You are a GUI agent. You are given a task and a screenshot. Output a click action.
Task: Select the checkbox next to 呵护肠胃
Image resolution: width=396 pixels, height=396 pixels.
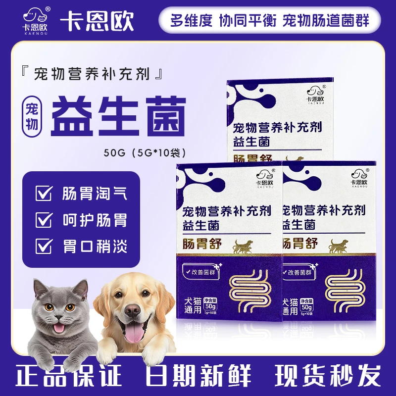coord(44,219)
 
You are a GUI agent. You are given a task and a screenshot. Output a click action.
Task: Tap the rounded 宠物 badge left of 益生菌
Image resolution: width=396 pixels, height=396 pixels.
coord(33,113)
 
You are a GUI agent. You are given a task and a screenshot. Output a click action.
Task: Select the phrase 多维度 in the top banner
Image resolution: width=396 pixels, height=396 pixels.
coord(191,21)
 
